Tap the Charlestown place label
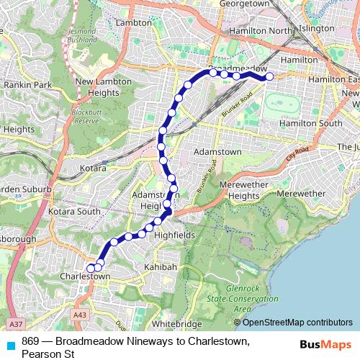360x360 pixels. tap(85, 277)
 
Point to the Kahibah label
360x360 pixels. tap(160, 267)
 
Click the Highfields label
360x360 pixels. tap(174, 235)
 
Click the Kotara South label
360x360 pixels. tap(74, 212)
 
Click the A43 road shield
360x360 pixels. tap(80, 314)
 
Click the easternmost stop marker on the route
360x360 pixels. tap(269, 76)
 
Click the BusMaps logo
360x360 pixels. tap(321, 344)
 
